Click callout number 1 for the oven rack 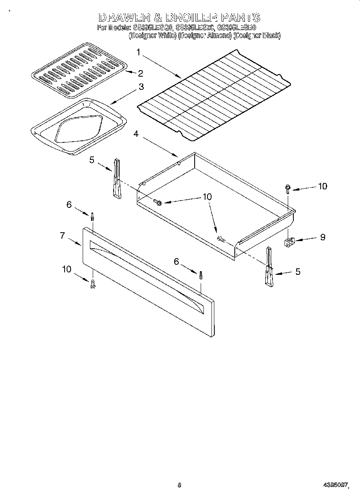coord(138,52)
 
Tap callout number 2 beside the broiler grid coord(140,73)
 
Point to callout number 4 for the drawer coord(136,134)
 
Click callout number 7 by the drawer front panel coord(62,235)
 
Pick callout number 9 coord(322,237)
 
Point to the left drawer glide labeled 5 coord(116,179)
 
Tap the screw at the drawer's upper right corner coord(288,188)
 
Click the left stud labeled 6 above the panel coord(93,217)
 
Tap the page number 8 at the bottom coord(179,485)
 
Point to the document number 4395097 coord(335,485)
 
